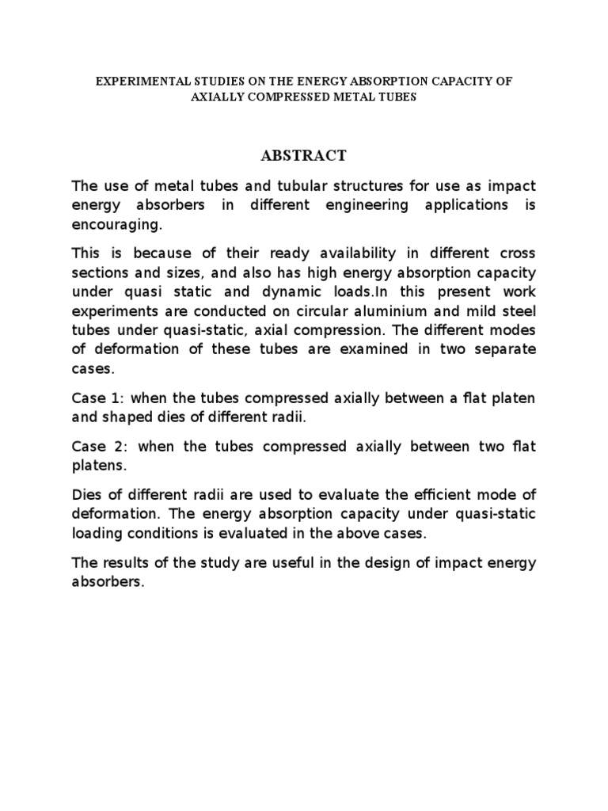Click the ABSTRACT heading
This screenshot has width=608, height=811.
pos(304,155)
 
